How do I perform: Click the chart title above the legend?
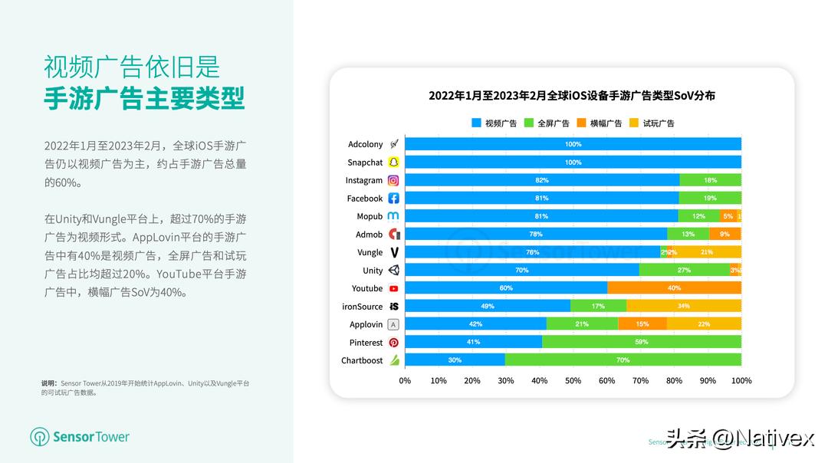pyautogui.click(x=572, y=96)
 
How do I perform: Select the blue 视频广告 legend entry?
pyautogui.click(x=495, y=123)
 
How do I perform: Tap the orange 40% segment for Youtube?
pyautogui.click(x=674, y=288)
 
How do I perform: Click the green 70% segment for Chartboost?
pyautogui.click(x=623, y=360)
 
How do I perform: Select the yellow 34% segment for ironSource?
pyautogui.click(x=683, y=306)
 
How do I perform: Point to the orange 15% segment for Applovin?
pyautogui.click(x=642, y=324)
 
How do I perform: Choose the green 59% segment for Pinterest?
pyautogui.click(x=642, y=342)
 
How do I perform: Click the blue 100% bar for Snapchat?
pyautogui.click(x=573, y=163)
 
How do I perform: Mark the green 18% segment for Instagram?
pyautogui.click(x=710, y=180)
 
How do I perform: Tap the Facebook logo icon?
pyautogui.click(x=393, y=199)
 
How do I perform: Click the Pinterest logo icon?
pyautogui.click(x=393, y=343)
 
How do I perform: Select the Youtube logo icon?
pyautogui.click(x=393, y=288)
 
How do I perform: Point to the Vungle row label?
pyautogui.click(x=370, y=252)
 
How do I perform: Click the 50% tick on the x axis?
pyautogui.click(x=573, y=380)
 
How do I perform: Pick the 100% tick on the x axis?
pyautogui.click(x=741, y=380)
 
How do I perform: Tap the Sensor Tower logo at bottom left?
pyautogui.click(x=80, y=437)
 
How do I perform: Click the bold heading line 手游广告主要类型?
pyautogui.click(x=144, y=99)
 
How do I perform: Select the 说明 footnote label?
pyautogui.click(x=49, y=383)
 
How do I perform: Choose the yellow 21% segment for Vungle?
pyautogui.click(x=707, y=252)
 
